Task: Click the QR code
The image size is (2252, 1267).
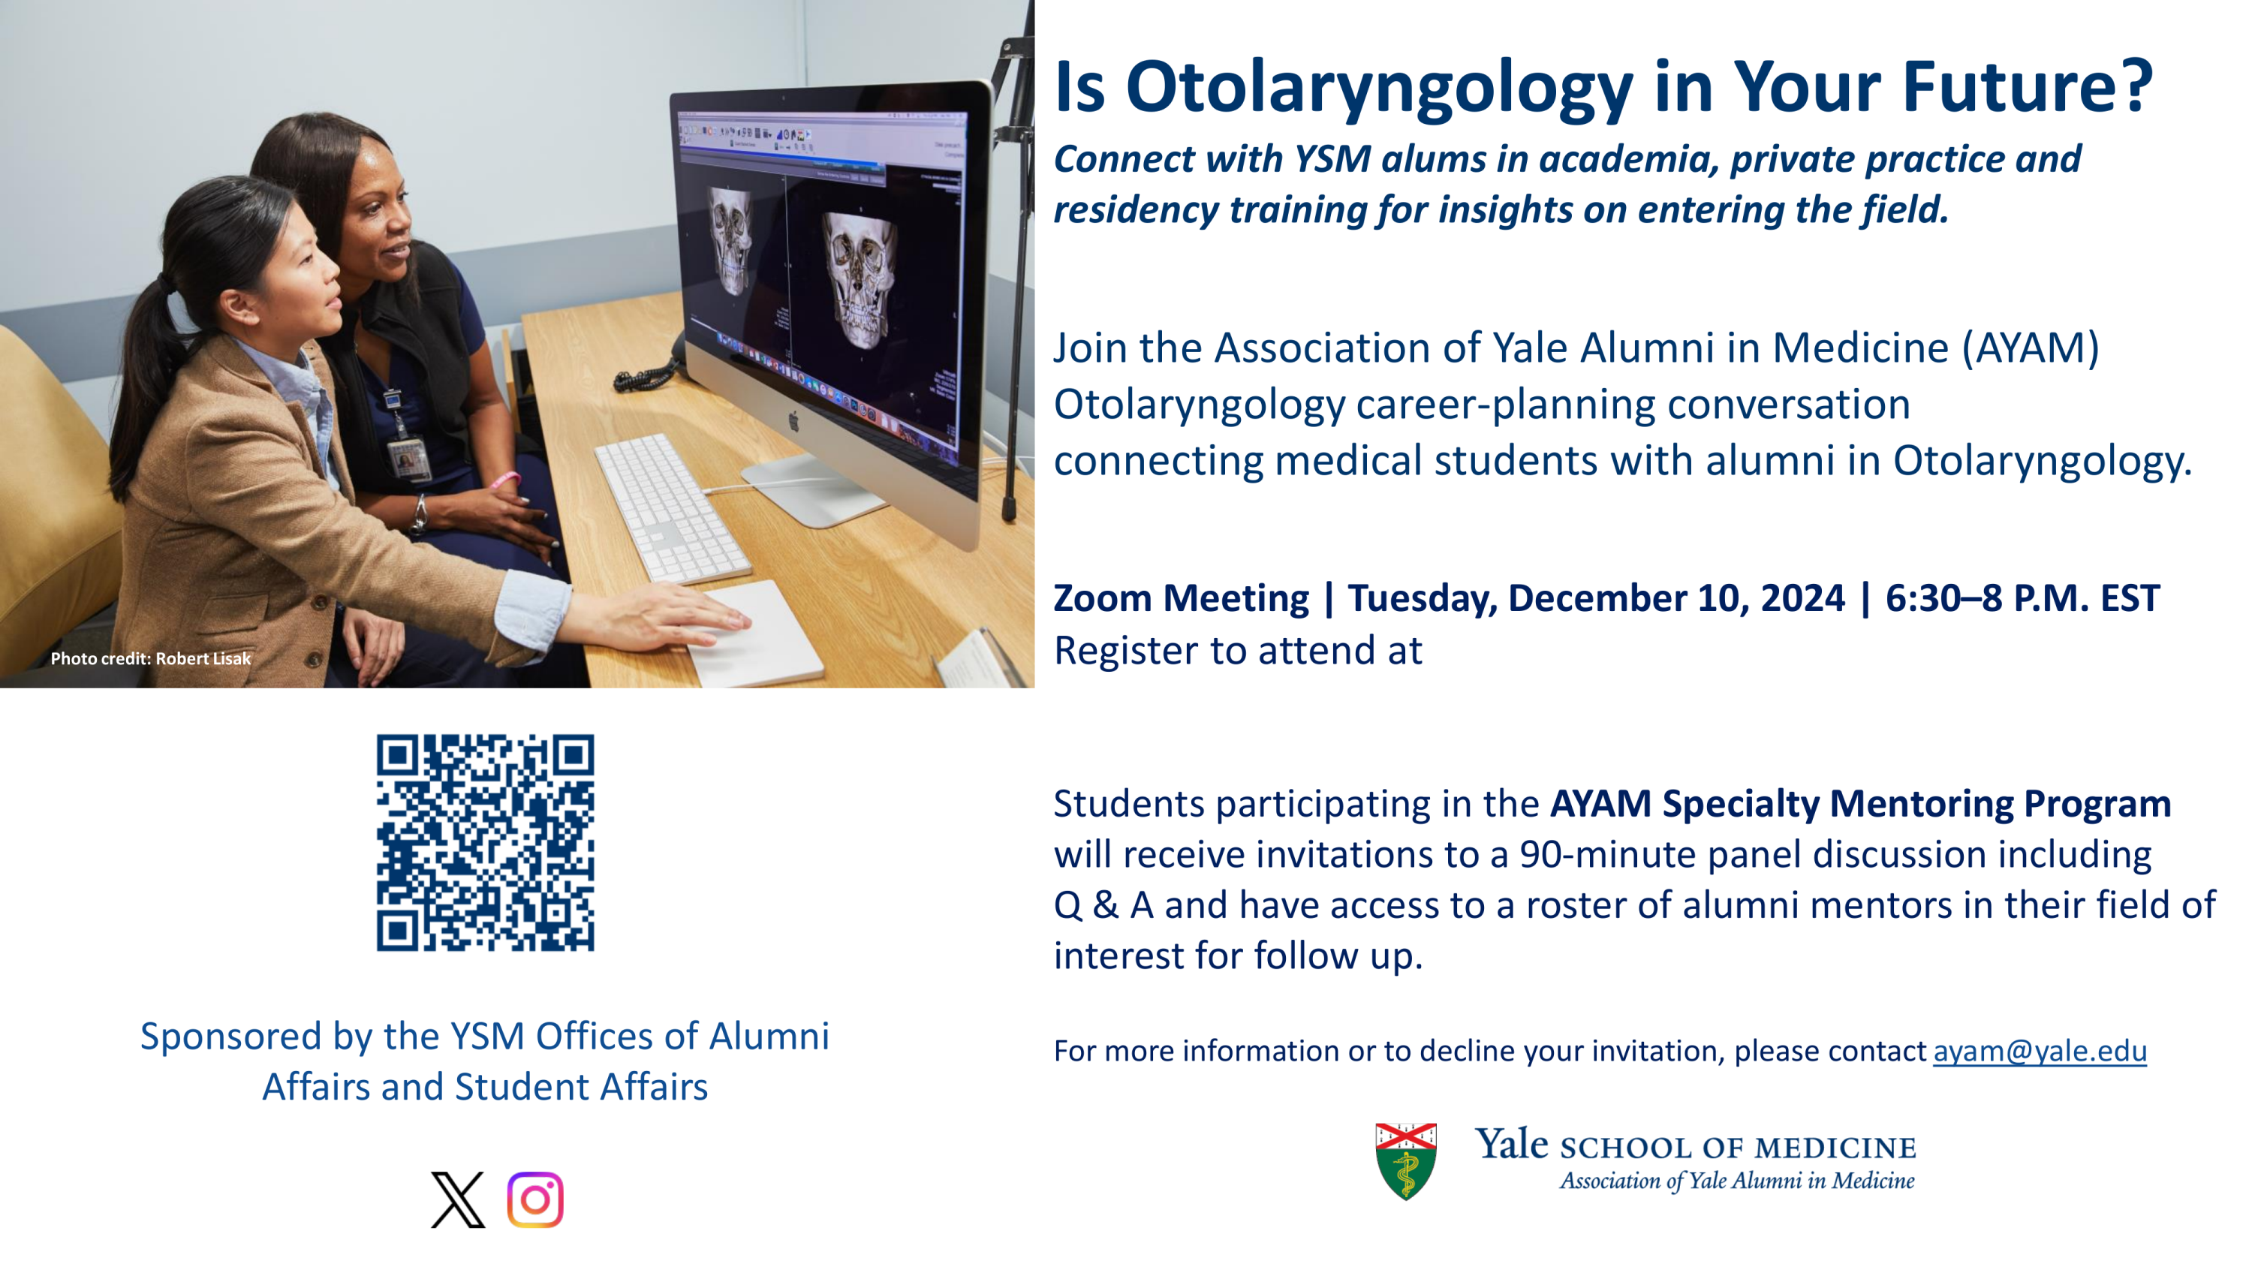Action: coord(485,842)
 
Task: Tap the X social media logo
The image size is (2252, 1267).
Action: coord(457,1199)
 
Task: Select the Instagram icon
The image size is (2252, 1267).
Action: coord(535,1199)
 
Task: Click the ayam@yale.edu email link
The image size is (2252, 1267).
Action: coord(2040,1050)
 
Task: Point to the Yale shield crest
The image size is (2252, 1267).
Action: coord(1406,1161)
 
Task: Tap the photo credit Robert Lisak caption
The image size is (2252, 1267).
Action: coord(150,658)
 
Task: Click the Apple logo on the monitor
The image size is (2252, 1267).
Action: coord(793,420)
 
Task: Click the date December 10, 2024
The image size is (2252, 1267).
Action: coord(1677,598)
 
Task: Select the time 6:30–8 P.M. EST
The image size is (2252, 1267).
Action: coord(2022,598)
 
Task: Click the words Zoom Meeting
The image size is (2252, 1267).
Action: coord(1181,598)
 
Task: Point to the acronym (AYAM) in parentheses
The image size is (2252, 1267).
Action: coord(2031,348)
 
